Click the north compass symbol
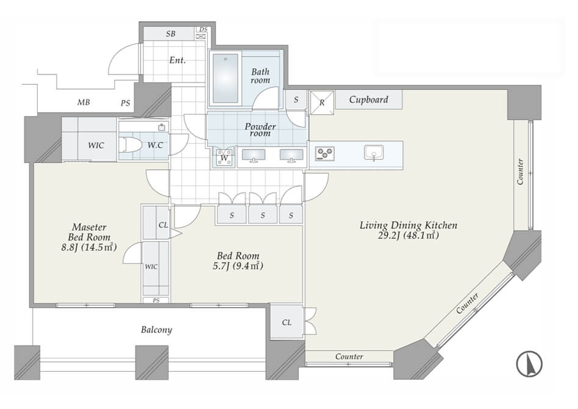coord(529,364)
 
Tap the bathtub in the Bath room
coord(225,78)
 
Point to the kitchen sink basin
coord(374,152)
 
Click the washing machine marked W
coord(224,157)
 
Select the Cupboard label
coord(369,100)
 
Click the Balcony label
coord(156,330)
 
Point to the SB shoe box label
coord(170,34)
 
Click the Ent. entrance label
coord(177,60)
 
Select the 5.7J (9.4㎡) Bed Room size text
coord(238,266)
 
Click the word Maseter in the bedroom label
coord(89,227)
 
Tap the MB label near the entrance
coord(84,103)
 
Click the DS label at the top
coord(203,29)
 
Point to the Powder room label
coord(260,129)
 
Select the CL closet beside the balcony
coord(287,322)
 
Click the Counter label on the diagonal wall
coord(467,303)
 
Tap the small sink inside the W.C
coord(162,128)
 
